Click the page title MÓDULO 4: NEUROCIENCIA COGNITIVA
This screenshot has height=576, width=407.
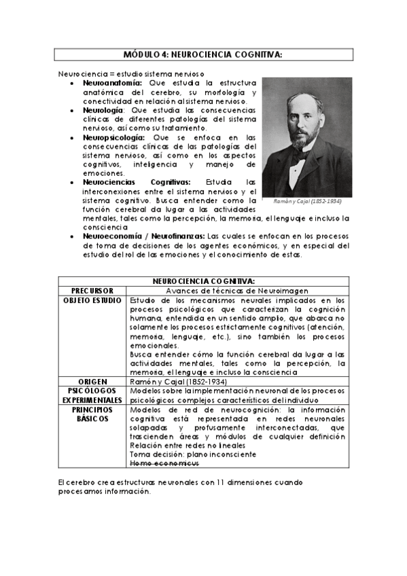[x=203, y=54]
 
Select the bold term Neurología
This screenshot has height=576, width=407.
[x=103, y=109]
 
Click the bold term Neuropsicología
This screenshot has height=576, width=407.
[x=113, y=137]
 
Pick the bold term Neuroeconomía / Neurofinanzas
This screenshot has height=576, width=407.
[x=144, y=236]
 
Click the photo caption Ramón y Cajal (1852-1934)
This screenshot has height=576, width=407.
[x=307, y=202]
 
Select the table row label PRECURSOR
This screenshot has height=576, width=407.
[x=92, y=290]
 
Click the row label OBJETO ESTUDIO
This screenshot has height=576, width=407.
[x=92, y=300]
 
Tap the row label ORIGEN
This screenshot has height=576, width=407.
[x=92, y=382]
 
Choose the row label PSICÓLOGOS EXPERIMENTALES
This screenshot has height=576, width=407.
[x=92, y=396]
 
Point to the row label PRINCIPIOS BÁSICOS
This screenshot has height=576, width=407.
[x=92, y=414]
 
